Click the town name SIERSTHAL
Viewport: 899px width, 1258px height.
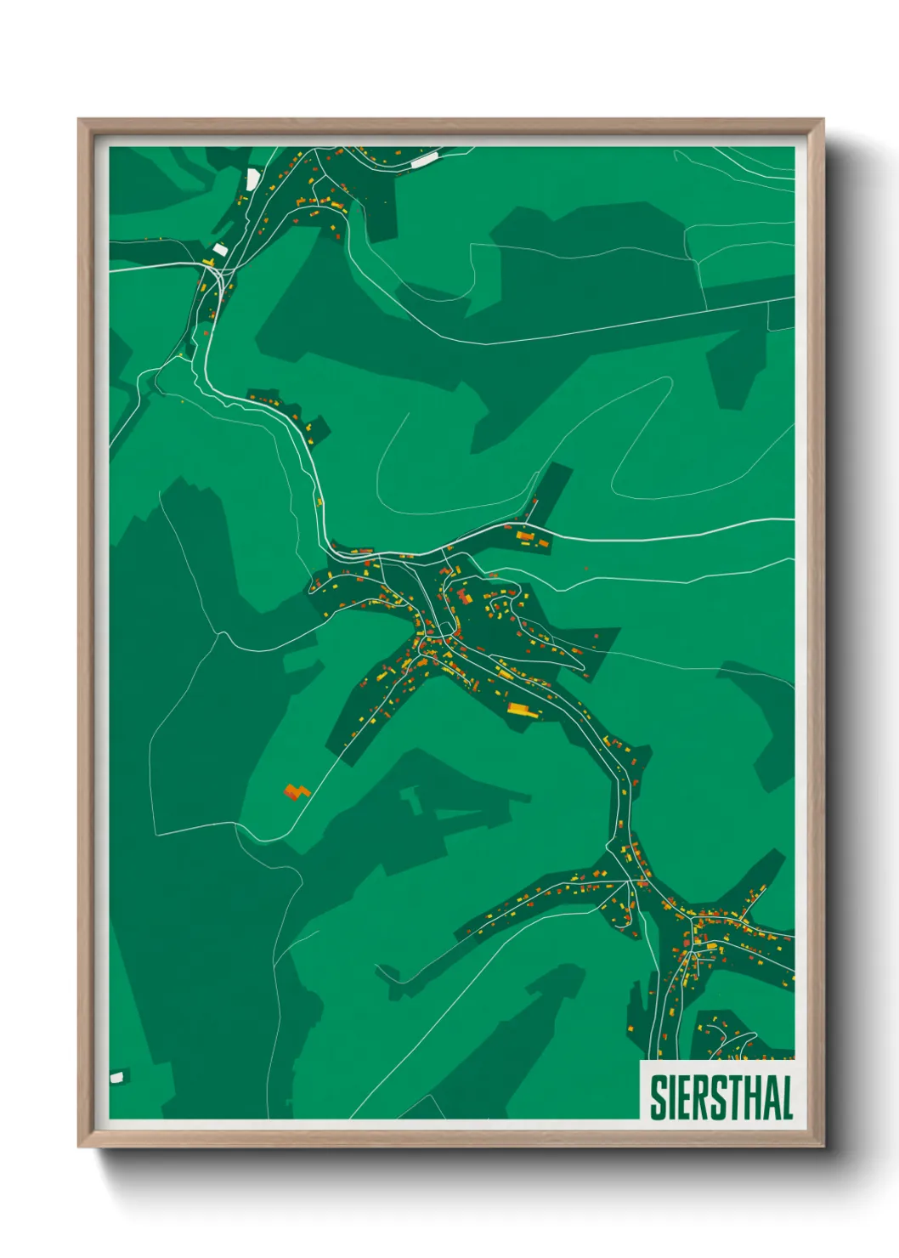pos(721,1097)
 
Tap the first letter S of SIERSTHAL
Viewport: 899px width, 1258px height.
pos(658,1097)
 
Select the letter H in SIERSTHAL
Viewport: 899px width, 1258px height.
pos(753,1097)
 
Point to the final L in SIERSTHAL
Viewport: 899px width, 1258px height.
pos(787,1097)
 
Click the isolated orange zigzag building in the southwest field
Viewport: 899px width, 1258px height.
pos(296,792)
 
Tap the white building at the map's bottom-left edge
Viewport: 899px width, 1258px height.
pos(116,1078)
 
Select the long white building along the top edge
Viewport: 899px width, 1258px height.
pos(423,159)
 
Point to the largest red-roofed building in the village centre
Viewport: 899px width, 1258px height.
pos(464,597)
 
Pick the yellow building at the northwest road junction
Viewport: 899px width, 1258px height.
pos(207,261)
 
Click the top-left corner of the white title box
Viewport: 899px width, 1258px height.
pos(640,1061)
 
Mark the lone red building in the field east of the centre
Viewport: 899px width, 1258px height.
pos(585,567)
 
